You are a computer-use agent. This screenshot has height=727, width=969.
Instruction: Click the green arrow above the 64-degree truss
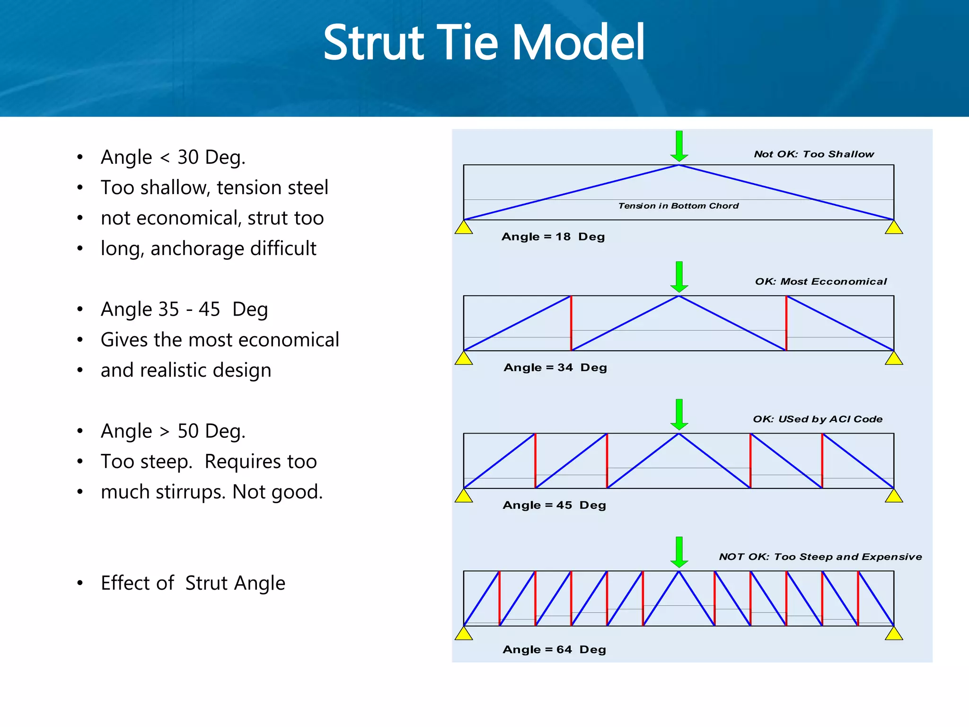[679, 552]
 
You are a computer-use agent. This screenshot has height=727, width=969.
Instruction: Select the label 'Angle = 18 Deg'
[553, 237]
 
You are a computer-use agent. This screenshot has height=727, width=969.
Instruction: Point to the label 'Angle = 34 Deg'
[555, 368]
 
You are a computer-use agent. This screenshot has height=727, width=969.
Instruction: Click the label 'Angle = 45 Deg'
[554, 505]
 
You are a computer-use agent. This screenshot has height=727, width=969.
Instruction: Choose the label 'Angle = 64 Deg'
[554, 650]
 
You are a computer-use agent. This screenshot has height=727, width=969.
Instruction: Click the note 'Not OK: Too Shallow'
[814, 154]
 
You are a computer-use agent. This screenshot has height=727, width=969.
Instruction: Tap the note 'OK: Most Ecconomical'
[820, 282]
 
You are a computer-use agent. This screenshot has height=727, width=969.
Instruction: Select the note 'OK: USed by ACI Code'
[818, 419]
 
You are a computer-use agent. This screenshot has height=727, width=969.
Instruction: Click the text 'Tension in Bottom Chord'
[678, 206]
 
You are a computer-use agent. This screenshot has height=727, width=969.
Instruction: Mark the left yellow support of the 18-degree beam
[464, 228]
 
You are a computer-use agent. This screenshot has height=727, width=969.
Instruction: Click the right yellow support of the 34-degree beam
[894, 359]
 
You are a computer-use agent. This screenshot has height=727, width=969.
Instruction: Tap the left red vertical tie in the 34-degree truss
[571, 323]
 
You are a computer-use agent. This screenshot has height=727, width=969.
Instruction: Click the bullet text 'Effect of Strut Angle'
[193, 583]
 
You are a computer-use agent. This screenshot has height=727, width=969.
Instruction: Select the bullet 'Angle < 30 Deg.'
[173, 157]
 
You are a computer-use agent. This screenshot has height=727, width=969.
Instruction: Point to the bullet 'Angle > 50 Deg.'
[173, 431]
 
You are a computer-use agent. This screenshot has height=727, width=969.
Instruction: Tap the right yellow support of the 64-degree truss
[894, 634]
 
